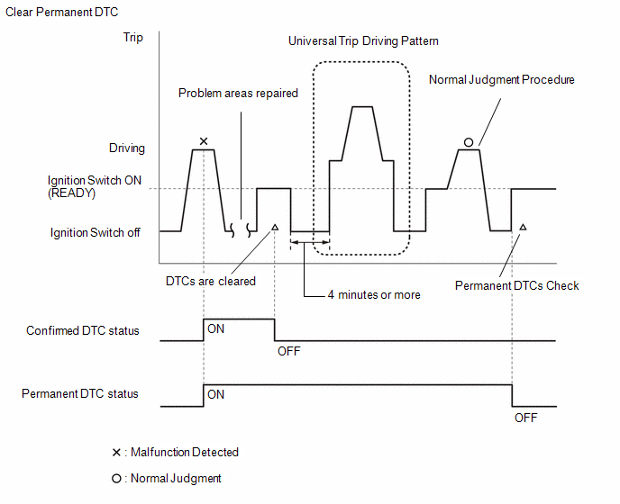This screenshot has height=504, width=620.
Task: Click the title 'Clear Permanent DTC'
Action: coord(61,13)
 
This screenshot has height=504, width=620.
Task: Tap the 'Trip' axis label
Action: coord(132,38)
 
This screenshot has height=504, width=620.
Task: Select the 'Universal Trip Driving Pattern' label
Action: coord(363,41)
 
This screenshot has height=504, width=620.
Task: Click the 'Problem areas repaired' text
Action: coord(238,94)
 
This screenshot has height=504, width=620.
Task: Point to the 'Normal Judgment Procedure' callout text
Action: coord(501,80)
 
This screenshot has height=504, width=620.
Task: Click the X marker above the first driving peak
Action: coord(204,141)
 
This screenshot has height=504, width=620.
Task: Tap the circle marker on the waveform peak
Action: coord(469,142)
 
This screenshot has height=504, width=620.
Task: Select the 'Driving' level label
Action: coord(127,148)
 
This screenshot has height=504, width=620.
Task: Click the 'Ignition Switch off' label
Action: coord(95,232)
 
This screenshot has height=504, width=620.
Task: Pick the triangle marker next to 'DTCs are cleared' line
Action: coord(275,227)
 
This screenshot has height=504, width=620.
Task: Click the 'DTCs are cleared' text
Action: coord(211,281)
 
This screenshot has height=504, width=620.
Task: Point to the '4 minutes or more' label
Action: coord(374,294)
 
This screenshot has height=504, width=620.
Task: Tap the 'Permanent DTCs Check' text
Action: coord(516,285)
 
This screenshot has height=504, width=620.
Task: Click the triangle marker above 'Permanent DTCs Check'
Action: coord(523,227)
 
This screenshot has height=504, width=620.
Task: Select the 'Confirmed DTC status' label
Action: coord(83,330)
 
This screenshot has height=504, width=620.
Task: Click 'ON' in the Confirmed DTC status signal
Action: coord(216,329)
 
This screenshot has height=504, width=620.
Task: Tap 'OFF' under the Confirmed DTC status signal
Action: coord(289,351)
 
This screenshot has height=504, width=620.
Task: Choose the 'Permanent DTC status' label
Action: coord(80,394)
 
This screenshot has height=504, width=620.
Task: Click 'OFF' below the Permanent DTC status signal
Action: coord(526,418)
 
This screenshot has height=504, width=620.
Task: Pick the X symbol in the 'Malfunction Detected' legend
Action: coord(116,453)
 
